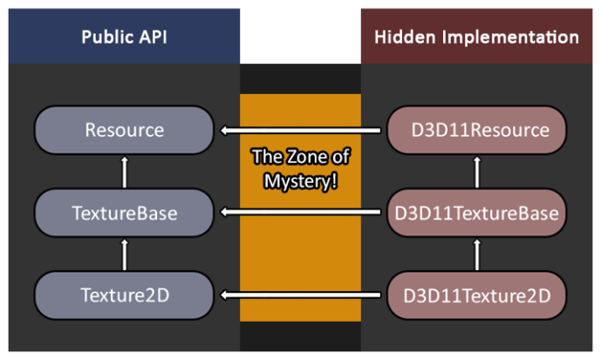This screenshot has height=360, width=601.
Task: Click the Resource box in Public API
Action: click(x=124, y=131)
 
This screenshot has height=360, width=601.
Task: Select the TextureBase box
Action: click(x=124, y=212)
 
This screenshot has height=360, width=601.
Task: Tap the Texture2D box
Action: click(x=124, y=294)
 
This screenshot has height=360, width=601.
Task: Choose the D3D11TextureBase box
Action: click(x=476, y=212)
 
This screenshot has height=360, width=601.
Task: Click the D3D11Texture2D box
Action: click(x=476, y=294)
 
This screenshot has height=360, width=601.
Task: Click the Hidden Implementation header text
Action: click(x=476, y=37)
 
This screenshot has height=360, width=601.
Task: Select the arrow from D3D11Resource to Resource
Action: click(x=300, y=132)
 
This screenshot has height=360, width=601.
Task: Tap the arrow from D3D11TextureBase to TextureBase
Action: click(x=300, y=213)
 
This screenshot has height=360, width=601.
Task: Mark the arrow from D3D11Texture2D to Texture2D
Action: click(x=300, y=295)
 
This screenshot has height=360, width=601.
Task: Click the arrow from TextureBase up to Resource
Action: click(x=124, y=172)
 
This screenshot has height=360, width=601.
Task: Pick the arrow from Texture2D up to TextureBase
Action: click(x=124, y=253)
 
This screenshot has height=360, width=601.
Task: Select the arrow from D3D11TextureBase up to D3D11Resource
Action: click(x=477, y=172)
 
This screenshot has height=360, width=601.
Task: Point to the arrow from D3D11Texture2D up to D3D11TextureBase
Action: click(x=477, y=253)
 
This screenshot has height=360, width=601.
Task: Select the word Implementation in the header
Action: click(x=508, y=37)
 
